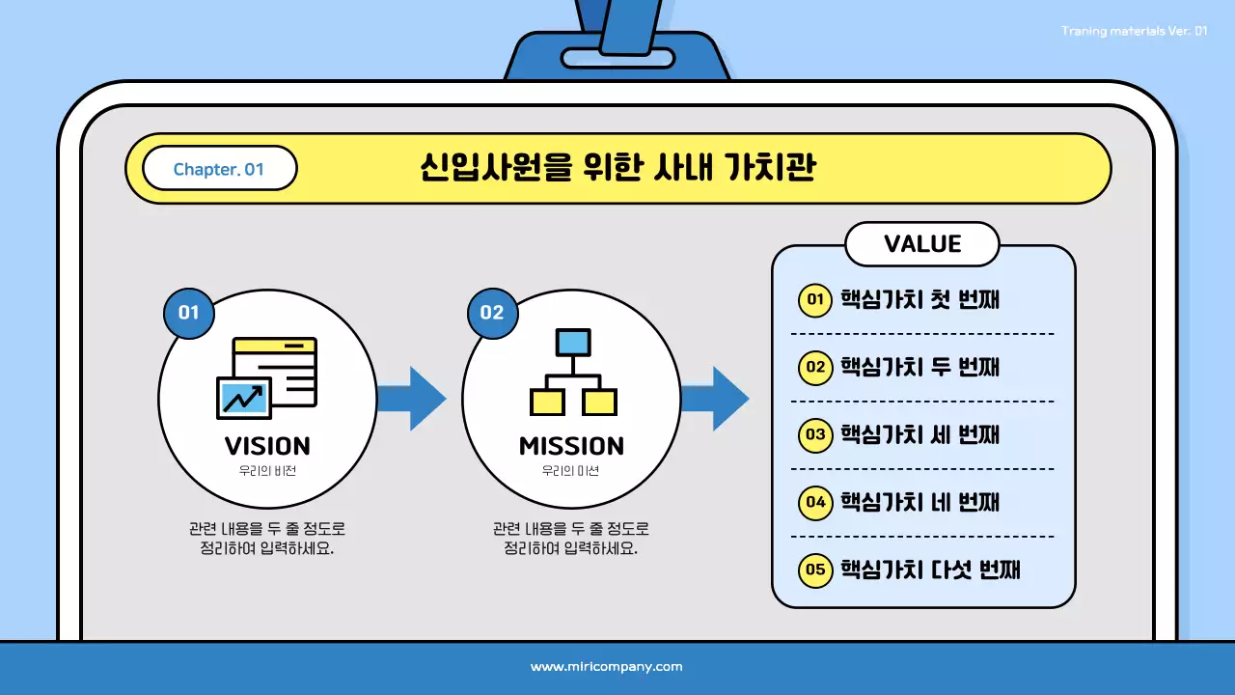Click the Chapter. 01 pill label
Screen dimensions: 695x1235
(x=219, y=169)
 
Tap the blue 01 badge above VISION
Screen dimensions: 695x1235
(x=188, y=312)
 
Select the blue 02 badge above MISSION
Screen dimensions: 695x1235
(x=492, y=312)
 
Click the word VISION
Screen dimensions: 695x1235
(x=267, y=446)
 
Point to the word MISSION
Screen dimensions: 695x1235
(x=571, y=446)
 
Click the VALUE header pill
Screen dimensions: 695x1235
(x=922, y=244)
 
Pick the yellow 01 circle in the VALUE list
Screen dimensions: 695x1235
(x=815, y=299)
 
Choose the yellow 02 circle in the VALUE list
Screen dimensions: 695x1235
(x=815, y=367)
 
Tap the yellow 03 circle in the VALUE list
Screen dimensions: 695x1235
(x=815, y=434)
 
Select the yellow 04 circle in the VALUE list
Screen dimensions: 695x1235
(x=815, y=502)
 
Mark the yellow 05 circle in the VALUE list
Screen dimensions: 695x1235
(x=815, y=570)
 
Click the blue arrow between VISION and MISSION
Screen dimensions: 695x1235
(x=412, y=398)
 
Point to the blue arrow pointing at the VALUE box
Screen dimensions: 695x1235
(x=715, y=398)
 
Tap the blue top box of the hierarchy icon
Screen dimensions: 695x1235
(x=572, y=342)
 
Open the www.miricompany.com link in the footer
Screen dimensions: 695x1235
(x=607, y=667)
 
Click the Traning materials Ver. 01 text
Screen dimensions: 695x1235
(x=1134, y=31)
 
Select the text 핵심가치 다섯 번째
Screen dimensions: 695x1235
(x=930, y=570)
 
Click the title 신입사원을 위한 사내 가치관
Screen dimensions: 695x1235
(x=618, y=168)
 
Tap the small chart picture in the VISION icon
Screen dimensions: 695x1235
(x=242, y=397)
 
